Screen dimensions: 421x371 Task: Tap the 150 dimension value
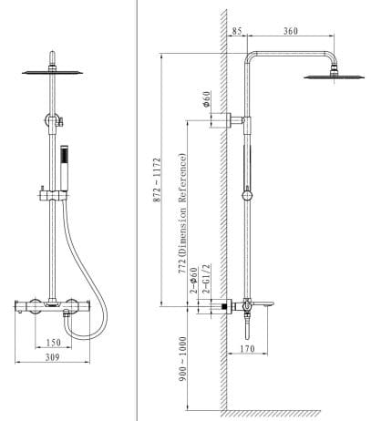54,344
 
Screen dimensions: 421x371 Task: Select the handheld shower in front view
65,164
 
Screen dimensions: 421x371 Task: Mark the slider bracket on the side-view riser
247,194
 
